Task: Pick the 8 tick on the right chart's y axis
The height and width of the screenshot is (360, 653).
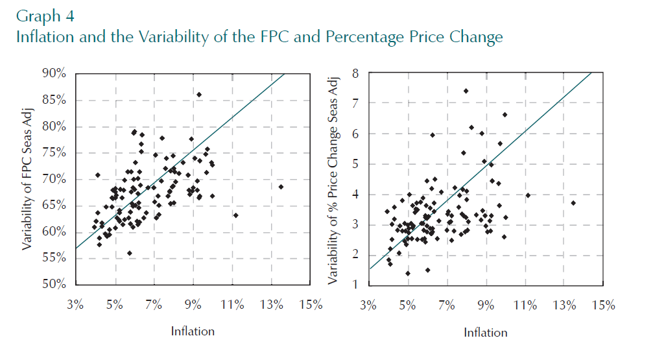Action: coord(355,74)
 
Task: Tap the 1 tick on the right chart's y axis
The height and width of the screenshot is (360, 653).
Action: coord(355,285)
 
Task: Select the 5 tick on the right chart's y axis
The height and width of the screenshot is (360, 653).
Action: coord(355,164)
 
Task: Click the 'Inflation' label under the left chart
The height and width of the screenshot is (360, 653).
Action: coord(193,331)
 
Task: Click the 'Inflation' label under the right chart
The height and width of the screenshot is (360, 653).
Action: coord(486,332)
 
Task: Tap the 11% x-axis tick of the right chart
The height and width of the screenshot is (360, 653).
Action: coord(526,306)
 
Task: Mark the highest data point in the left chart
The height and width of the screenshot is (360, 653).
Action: coord(199,95)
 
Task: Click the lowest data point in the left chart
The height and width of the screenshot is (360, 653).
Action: coord(130,253)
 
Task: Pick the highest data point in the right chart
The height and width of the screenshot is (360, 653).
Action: coord(466,91)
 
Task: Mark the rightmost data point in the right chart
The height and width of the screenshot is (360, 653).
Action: coord(573,203)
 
